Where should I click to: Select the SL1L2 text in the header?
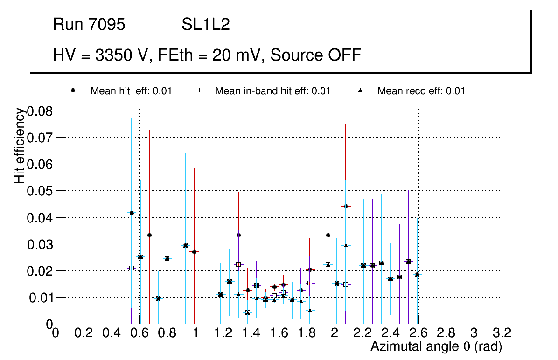[x=206, y=25]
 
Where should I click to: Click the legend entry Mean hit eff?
[x=131, y=91]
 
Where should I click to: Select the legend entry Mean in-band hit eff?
[x=272, y=91]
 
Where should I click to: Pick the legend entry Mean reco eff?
[x=421, y=91]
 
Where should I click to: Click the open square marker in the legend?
[x=197, y=90]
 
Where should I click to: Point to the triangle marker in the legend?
[x=360, y=90]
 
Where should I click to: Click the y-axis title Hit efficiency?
[x=20, y=145]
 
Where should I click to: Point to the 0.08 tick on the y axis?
[x=40, y=111]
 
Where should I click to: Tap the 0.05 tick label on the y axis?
[x=40, y=191]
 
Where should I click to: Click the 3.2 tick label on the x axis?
[x=502, y=333]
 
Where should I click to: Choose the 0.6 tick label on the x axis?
[x=139, y=333]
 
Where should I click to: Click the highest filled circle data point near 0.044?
[x=345, y=206]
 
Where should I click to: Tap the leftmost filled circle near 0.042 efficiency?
[x=132, y=213]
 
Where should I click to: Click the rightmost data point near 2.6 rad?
[x=417, y=274]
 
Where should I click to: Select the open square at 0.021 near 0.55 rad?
[x=132, y=268]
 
